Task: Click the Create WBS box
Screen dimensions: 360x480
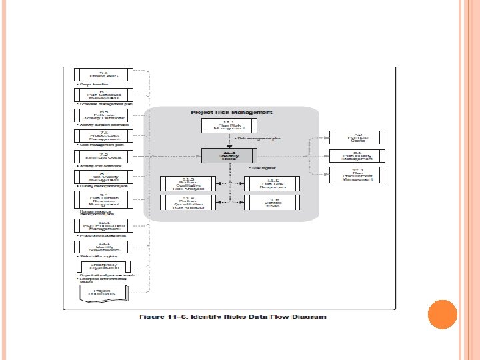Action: [103, 75]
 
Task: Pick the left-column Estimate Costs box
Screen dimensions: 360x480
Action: [103, 157]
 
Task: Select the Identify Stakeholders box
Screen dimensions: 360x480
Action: [103, 246]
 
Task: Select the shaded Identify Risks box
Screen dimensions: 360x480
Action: [229, 155]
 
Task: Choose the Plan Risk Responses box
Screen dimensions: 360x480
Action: [273, 183]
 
